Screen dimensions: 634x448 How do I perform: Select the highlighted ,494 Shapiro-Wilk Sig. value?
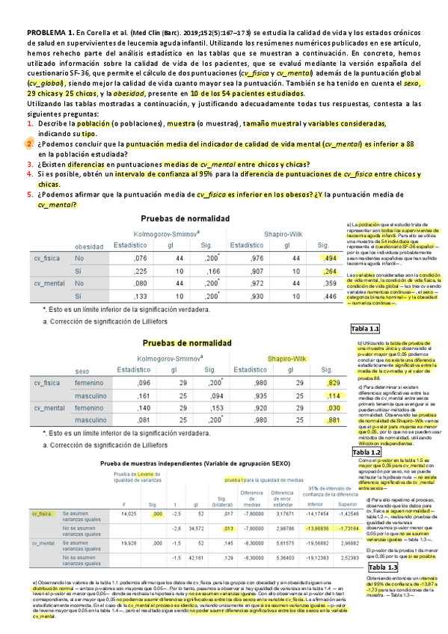[x=326, y=257]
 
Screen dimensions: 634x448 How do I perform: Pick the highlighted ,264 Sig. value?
[x=326, y=271]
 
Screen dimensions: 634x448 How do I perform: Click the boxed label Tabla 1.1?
[x=366, y=329]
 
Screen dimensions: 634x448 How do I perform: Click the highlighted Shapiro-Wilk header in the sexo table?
[x=286, y=359]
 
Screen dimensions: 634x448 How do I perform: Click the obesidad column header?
[x=89, y=246]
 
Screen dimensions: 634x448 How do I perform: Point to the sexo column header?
[x=82, y=371]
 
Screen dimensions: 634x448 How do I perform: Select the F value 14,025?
[x=128, y=493]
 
